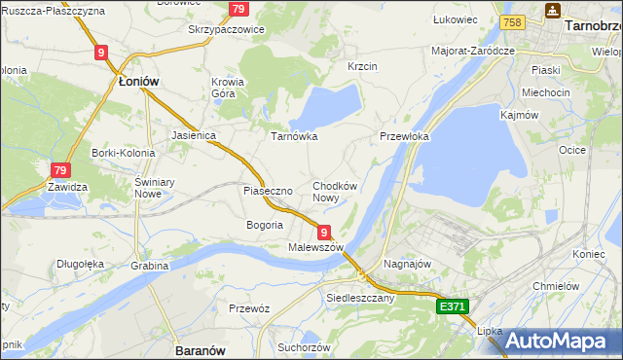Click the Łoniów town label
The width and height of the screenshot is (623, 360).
point(137,84)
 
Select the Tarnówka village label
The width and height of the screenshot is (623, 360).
point(293,136)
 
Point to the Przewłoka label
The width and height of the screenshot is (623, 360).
point(404,137)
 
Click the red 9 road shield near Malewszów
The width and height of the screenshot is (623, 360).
point(323,232)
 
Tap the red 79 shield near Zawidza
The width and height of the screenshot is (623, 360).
point(60,168)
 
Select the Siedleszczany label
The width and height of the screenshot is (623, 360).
point(360,298)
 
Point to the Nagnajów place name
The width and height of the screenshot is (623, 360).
point(407,264)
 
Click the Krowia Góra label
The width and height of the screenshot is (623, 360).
point(228,89)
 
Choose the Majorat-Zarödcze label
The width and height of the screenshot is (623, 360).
point(473,50)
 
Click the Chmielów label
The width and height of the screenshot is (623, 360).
point(557,286)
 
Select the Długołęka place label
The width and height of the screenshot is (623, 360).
point(80,262)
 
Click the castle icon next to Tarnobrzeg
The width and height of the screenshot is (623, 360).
point(553,10)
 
